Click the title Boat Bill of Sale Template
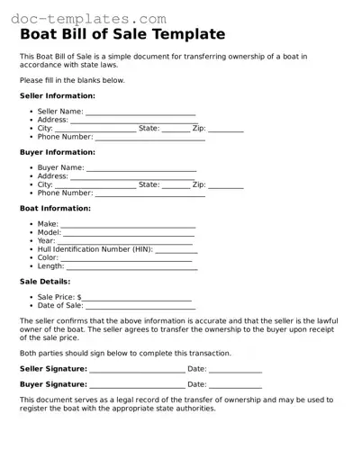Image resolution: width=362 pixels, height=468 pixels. tap(122, 34)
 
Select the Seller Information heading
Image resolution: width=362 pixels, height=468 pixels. tap(58, 95)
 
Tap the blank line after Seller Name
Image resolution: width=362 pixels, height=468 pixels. tap(140, 113)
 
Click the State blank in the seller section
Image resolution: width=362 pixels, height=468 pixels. tap(176, 130)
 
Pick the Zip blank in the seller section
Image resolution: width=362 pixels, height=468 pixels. tap(226, 130)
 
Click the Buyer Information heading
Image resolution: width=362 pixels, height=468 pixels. tap(58, 152)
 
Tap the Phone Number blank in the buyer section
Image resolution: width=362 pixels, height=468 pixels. tap(149, 194)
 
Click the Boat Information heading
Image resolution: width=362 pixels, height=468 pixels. tap(54, 208)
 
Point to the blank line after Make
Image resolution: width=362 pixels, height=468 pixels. tap(128, 226)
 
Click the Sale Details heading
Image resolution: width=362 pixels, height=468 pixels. tap(45, 282)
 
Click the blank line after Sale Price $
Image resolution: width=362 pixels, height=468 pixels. tap(137, 299)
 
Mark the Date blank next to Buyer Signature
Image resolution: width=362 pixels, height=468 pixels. tap(236, 386)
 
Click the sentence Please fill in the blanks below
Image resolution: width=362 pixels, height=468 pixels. tap(72, 80)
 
